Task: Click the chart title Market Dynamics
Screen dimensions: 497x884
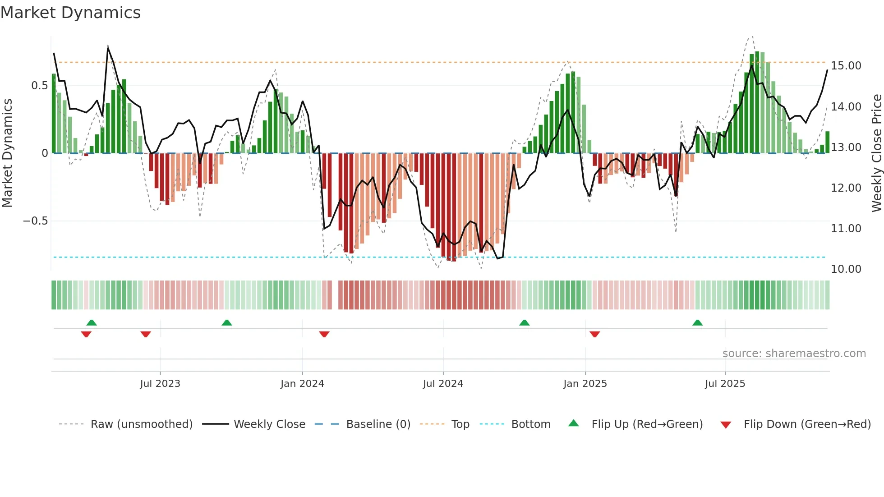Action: (70, 13)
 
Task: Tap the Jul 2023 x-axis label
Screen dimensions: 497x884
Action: (160, 384)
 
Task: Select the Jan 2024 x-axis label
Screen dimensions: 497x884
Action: (302, 384)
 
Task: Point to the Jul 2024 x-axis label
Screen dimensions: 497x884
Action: (443, 384)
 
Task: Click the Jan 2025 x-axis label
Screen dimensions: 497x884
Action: (585, 384)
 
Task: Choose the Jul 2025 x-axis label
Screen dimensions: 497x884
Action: (725, 384)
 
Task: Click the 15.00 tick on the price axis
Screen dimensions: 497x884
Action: (846, 66)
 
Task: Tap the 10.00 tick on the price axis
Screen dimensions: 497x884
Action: (846, 269)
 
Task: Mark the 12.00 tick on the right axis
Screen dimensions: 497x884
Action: (846, 188)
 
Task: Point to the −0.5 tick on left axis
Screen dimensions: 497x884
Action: (35, 221)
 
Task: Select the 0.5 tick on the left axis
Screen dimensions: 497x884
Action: (39, 86)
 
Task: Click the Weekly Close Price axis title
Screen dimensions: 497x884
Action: (876, 153)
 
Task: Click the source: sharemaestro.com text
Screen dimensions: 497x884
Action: (794, 354)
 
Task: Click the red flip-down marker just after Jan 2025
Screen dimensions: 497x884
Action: (594, 334)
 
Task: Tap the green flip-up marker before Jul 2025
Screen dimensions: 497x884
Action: (697, 322)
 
